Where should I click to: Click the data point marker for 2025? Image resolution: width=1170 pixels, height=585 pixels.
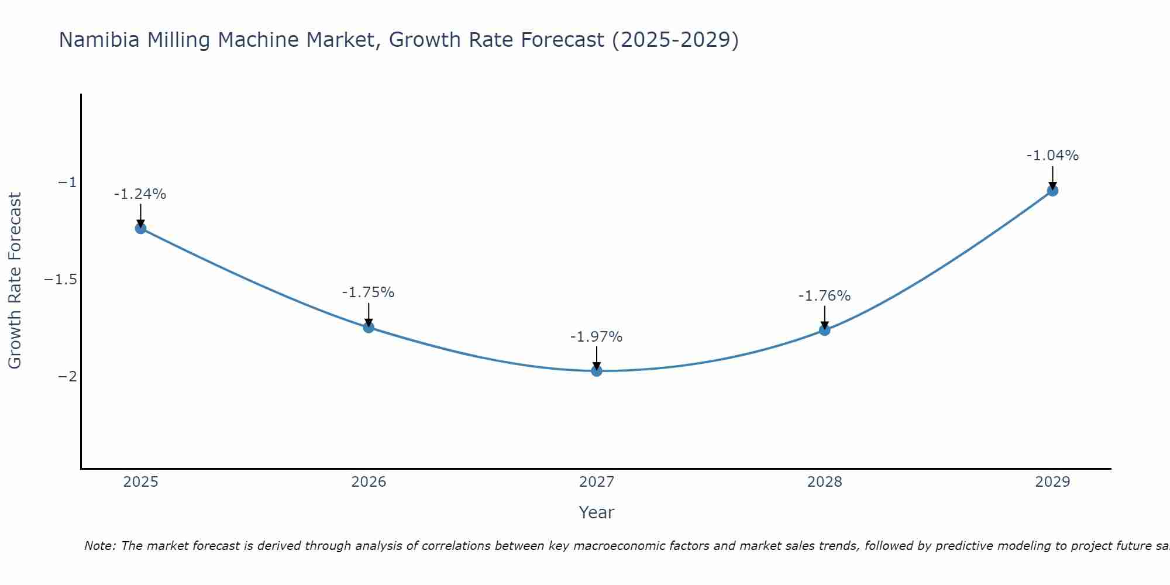[x=140, y=228]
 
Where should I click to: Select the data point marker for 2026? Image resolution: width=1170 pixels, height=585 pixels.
[x=369, y=327]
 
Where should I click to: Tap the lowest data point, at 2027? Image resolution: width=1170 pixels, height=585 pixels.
[x=597, y=370]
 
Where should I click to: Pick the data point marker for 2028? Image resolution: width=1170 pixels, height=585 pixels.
[x=824, y=330]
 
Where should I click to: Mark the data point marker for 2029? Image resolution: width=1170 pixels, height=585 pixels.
[x=1052, y=190]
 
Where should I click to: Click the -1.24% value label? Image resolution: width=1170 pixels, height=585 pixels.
[x=140, y=194]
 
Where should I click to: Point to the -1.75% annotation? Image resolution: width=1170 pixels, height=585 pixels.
[x=368, y=292]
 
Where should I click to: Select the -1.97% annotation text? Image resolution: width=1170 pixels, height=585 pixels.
[x=596, y=337]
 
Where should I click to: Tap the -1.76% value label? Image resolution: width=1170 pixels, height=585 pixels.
[x=824, y=296]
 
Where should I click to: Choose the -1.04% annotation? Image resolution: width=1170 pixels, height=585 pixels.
[x=1052, y=156]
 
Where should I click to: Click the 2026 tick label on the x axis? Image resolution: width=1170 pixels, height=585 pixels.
[x=369, y=482]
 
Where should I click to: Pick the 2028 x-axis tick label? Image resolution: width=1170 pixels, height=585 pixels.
[x=824, y=482]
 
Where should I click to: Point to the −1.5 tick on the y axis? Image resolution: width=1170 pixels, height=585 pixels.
[x=60, y=280]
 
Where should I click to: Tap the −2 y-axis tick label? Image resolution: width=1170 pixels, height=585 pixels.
[x=67, y=376]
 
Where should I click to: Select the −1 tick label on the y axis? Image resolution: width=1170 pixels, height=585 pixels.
[x=67, y=183]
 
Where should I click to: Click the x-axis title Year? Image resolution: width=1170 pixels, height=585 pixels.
[x=596, y=513]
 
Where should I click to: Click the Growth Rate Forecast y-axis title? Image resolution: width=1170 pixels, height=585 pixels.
[x=15, y=281]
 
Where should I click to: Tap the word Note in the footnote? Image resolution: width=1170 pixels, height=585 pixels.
[x=100, y=546]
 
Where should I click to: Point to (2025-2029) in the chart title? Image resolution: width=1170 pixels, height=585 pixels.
[x=675, y=40]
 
